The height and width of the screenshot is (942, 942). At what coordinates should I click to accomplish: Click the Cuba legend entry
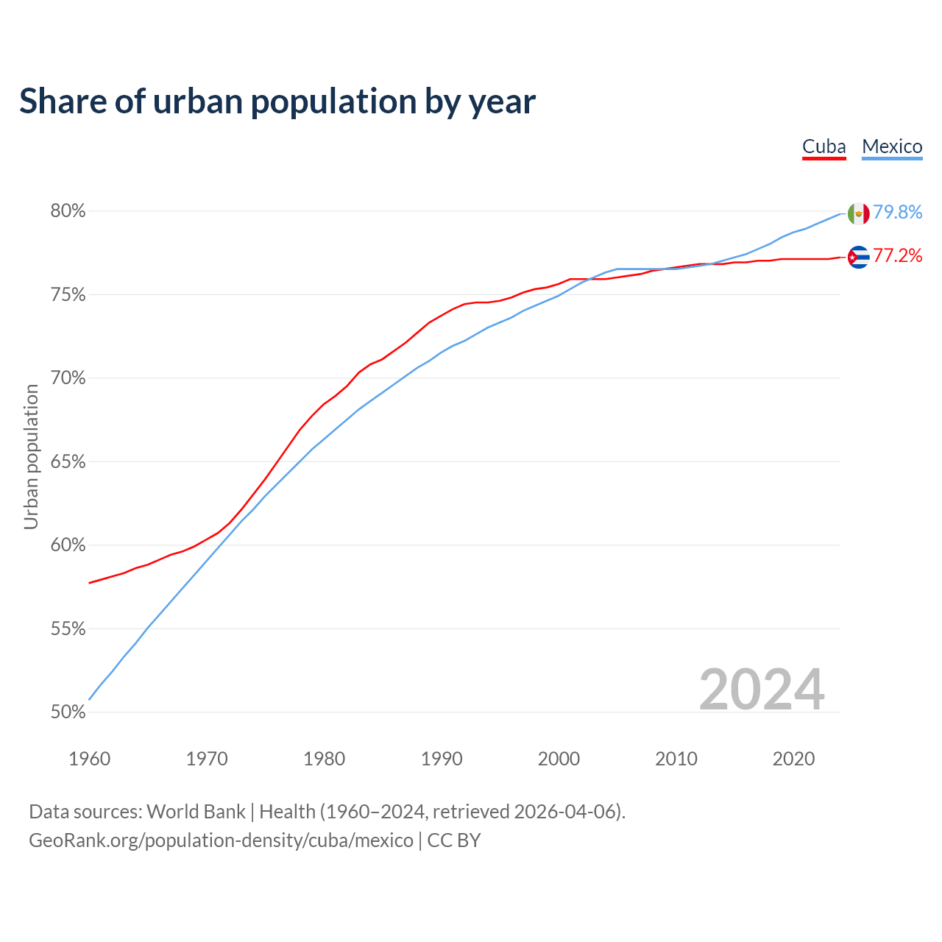(x=824, y=146)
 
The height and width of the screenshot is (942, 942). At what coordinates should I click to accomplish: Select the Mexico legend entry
(x=892, y=146)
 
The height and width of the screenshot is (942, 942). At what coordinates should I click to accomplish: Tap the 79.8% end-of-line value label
(x=898, y=212)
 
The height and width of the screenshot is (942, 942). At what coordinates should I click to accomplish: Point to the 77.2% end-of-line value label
(x=898, y=255)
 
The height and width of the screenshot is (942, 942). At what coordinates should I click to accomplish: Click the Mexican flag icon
(x=858, y=213)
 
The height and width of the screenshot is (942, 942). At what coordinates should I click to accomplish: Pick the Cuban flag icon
(x=858, y=257)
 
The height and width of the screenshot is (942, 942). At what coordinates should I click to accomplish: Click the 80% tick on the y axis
(x=68, y=211)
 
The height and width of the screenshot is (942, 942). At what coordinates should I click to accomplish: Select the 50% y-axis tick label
(x=68, y=712)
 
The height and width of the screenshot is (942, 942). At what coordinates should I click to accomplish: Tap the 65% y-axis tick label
(x=68, y=462)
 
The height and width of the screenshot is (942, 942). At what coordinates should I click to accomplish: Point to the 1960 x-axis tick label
(x=89, y=759)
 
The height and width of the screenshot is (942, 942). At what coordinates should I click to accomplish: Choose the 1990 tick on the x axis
(x=442, y=759)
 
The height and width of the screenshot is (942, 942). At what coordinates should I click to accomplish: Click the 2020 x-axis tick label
(x=793, y=759)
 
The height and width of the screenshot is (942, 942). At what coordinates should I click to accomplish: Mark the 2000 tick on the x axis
(x=559, y=759)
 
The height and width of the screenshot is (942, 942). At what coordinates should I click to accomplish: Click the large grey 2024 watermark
(x=762, y=690)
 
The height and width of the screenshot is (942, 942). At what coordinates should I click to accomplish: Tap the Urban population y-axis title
(x=31, y=456)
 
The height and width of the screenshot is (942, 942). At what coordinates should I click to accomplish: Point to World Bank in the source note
(x=196, y=812)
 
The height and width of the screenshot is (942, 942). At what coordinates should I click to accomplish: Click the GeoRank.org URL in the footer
(x=221, y=840)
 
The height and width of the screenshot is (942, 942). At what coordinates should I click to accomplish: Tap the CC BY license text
(x=454, y=840)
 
